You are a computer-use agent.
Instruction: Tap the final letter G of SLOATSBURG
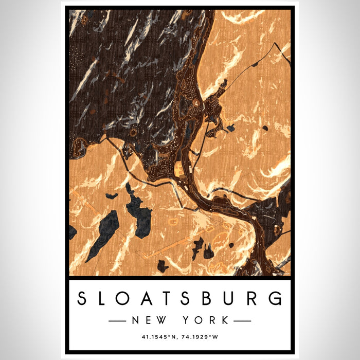276,298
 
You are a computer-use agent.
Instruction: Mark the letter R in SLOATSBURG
254,298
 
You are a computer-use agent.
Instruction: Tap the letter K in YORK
225,320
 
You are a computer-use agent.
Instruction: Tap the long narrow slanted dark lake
102,235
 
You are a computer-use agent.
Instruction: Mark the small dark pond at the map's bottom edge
163,266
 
